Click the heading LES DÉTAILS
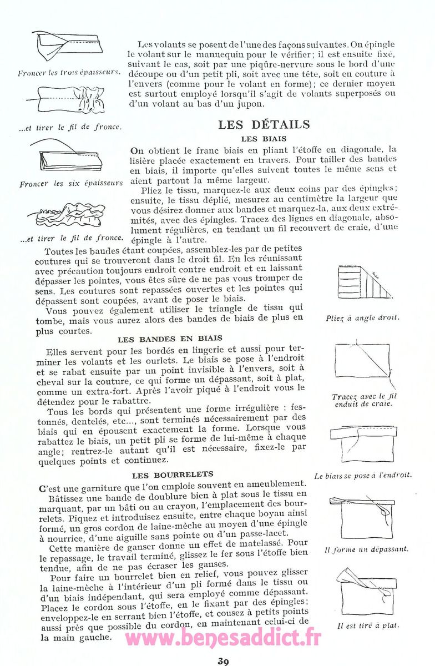click(264, 124)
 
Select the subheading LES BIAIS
click(264, 139)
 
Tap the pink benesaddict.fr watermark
click(223, 639)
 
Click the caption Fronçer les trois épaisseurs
click(69, 73)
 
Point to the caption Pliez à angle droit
click(363, 318)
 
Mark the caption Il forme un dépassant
click(366, 549)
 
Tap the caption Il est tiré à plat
click(367, 625)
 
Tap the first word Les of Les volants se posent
click(146, 44)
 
